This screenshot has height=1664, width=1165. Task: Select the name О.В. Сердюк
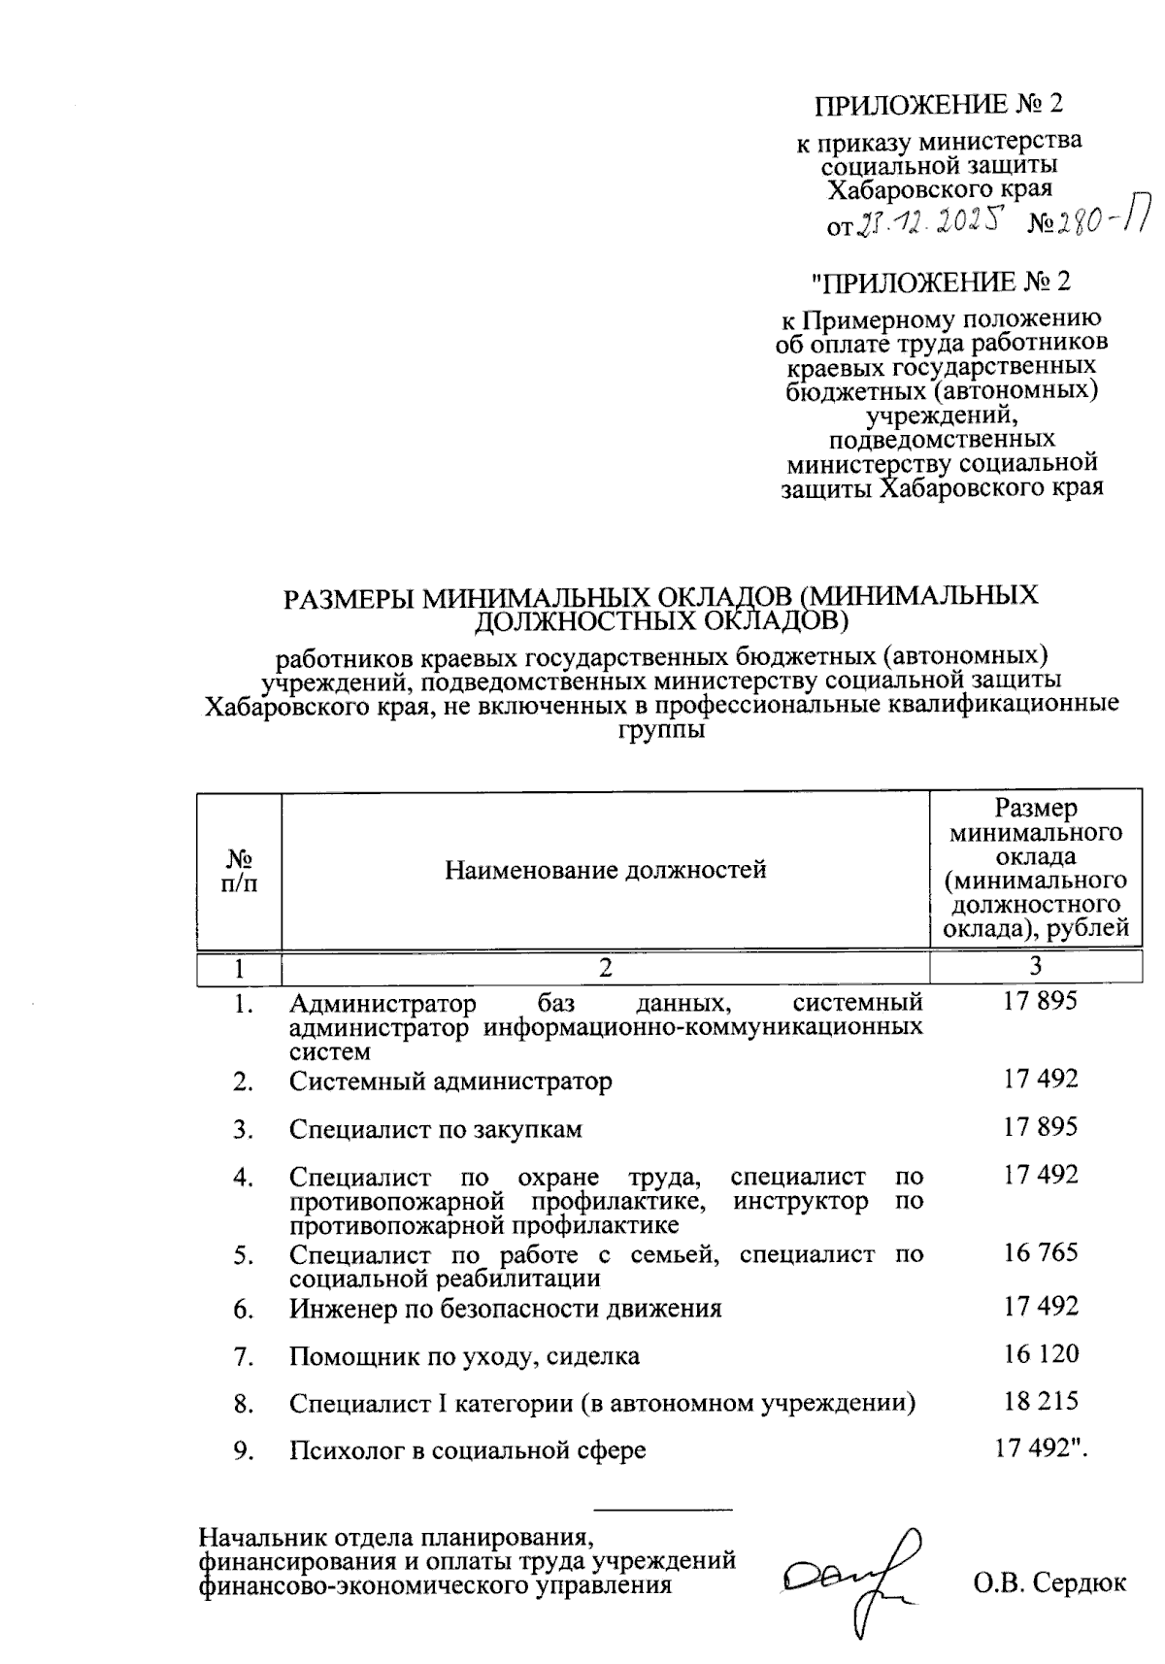(x=1049, y=1583)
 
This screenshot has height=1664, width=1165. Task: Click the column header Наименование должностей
(x=606, y=869)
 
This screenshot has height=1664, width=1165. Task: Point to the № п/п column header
(x=240, y=871)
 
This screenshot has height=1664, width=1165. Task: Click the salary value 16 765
(x=1041, y=1252)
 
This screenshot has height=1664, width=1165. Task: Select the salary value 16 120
(x=1041, y=1353)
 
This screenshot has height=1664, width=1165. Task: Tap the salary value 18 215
(x=1041, y=1401)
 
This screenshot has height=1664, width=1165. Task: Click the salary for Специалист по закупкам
(x=1041, y=1127)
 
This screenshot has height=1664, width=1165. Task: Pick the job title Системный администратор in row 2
(x=450, y=1081)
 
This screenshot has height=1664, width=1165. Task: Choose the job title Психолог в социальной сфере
(x=467, y=1450)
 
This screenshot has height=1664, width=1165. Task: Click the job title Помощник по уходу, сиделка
(x=464, y=1355)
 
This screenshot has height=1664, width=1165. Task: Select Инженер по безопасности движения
(x=505, y=1308)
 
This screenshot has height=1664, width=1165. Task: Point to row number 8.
(x=243, y=1403)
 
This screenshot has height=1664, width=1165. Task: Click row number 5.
(x=243, y=1255)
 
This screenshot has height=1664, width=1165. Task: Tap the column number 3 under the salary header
(x=1036, y=966)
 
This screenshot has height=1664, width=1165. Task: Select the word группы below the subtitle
(x=661, y=729)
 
